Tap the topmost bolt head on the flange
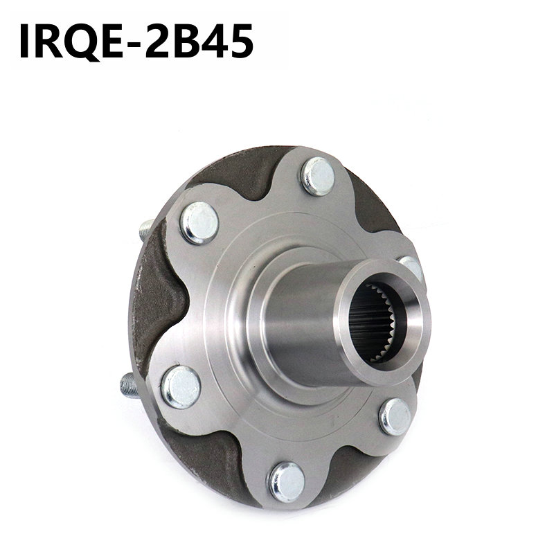pos(318,176)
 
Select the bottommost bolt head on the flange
pos(286,481)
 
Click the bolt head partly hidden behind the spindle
pos(411,267)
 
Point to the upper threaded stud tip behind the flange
pos(145,229)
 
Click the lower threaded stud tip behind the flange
pos(128,384)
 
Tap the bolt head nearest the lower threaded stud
pos(181,386)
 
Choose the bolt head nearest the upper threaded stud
pos(199,222)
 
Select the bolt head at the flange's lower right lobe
pos(395,417)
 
